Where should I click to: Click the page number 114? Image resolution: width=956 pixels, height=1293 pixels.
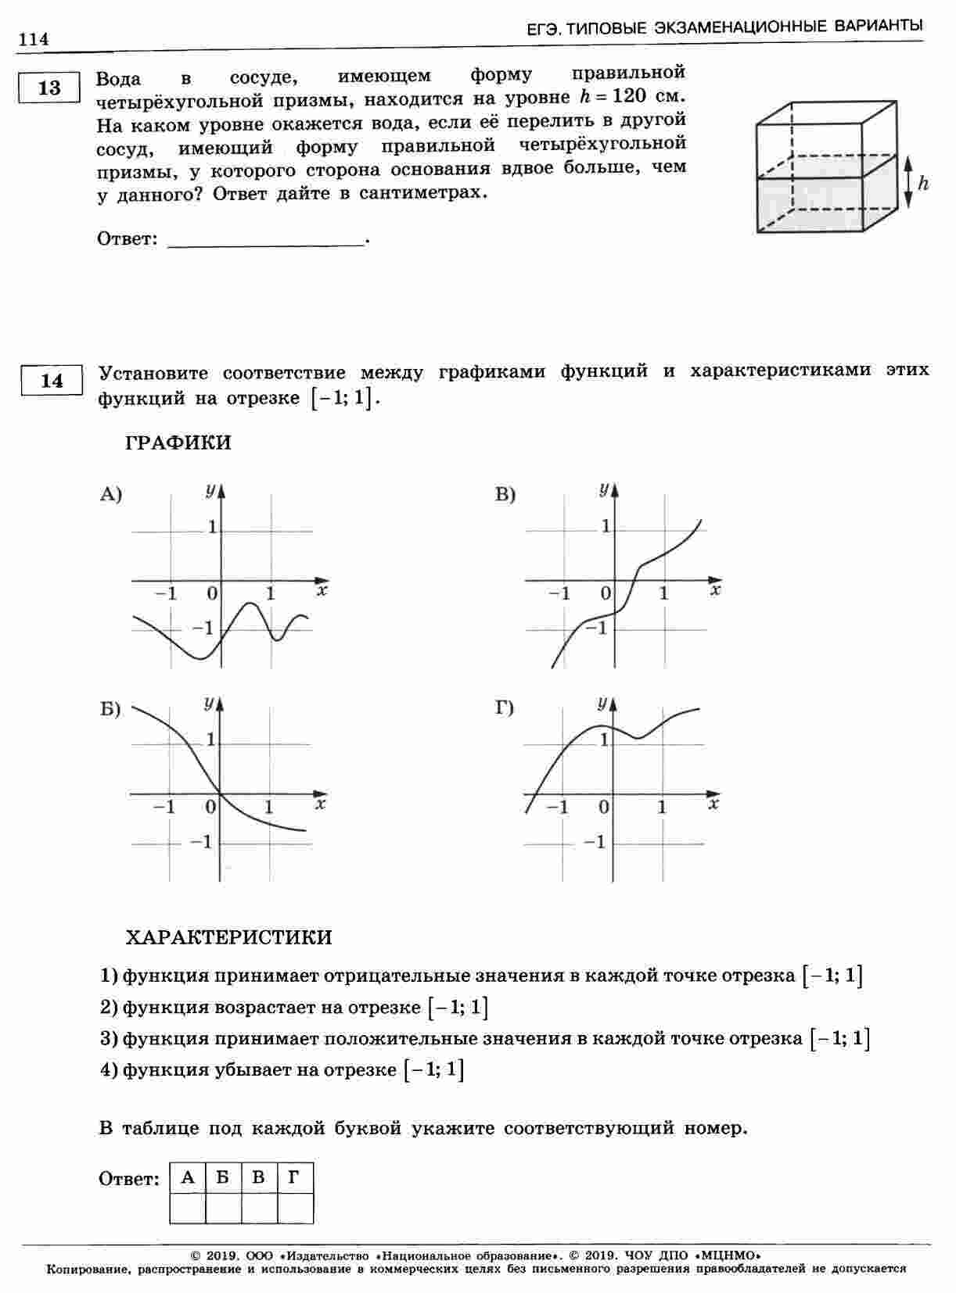coord(34,39)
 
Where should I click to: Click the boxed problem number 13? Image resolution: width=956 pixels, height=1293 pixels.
coord(49,88)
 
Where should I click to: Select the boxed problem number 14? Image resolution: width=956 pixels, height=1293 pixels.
coord(52,381)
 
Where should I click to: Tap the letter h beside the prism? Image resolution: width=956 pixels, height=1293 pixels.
coord(923,184)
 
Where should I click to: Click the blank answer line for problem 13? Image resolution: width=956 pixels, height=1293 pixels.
coord(266,242)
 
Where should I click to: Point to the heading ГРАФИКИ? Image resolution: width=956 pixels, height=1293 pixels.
coord(178,443)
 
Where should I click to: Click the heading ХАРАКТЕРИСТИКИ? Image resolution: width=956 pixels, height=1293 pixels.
coord(228,937)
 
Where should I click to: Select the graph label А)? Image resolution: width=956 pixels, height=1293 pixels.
coord(111,494)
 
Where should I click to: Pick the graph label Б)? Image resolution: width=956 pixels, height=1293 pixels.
coord(110,709)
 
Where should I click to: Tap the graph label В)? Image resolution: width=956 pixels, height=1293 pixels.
coord(505,494)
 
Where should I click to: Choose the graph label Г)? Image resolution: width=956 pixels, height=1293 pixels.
coord(505,709)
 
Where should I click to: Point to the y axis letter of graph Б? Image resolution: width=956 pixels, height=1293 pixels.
coord(208,704)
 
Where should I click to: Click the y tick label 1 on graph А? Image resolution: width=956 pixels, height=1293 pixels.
coord(212,528)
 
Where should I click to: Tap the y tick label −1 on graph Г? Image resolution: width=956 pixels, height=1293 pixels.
coord(595,842)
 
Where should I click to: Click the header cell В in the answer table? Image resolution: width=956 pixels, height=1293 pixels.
coord(259,1177)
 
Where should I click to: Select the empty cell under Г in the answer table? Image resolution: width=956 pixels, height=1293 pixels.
coord(295,1208)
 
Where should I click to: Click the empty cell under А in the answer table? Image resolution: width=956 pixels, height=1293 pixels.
coord(188,1208)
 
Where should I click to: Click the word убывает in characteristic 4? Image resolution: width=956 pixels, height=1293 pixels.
coord(250,1069)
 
